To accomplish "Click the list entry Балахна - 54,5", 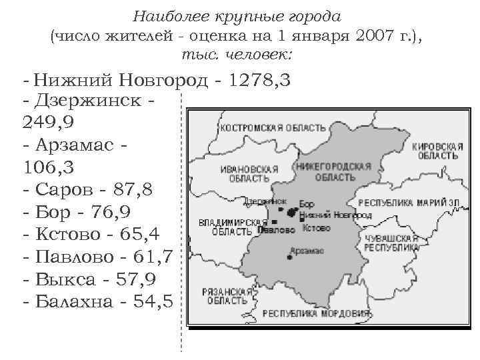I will tap(97, 301).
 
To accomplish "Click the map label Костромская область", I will tap(273, 127).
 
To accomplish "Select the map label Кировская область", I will tap(437, 150).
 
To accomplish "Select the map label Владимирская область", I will tap(227, 227).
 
